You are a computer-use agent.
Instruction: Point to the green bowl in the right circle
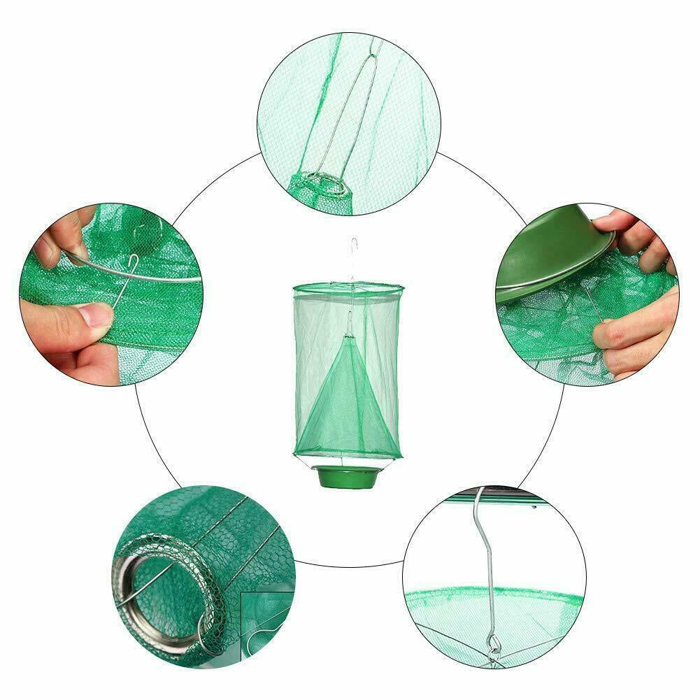coord(552,259)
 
